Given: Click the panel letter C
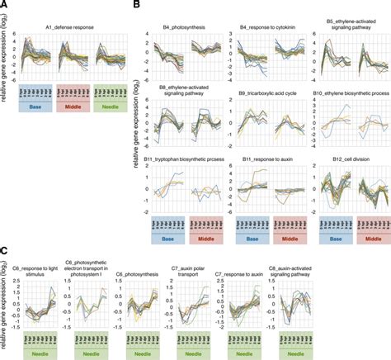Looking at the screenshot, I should pyautogui.click(x=4, y=249).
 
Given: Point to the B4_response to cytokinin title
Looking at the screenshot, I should pyautogui.click(x=263, y=28).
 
